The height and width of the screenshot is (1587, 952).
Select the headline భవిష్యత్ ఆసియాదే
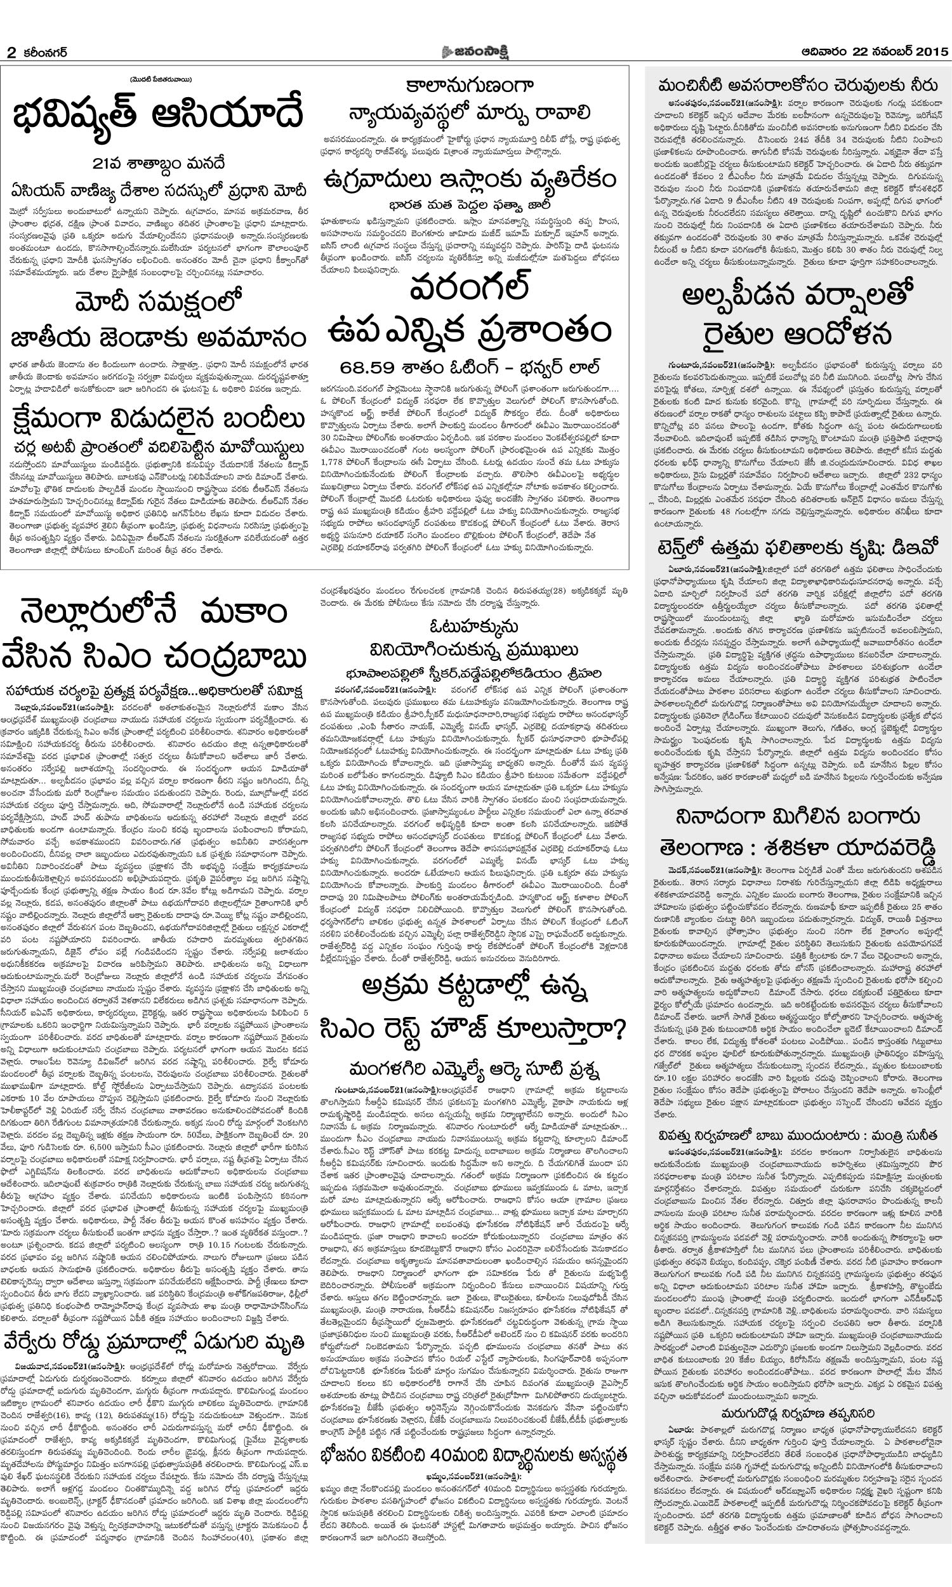tap(158, 116)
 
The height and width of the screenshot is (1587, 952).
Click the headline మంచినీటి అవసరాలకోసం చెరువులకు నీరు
tap(798, 84)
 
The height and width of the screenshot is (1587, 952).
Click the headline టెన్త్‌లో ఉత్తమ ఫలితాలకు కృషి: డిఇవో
tap(798, 548)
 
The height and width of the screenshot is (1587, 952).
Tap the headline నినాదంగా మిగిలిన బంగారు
tap(798, 816)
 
